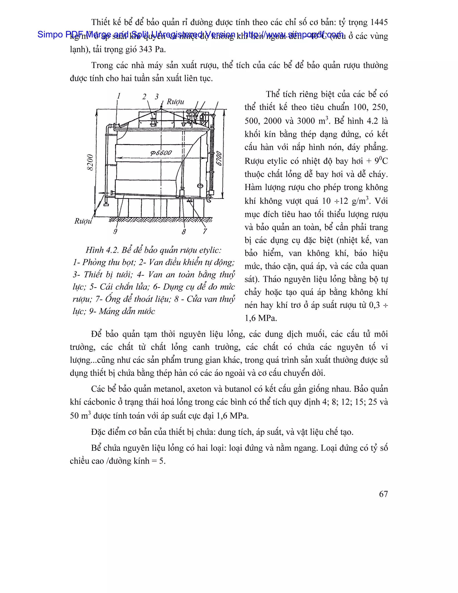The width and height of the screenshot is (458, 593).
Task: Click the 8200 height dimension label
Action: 90,162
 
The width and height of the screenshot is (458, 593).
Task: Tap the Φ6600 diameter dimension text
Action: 161,153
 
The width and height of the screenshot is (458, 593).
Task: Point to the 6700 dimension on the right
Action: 219,159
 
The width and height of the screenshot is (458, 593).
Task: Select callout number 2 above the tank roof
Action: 144,97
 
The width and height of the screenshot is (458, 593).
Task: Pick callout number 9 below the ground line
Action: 115,231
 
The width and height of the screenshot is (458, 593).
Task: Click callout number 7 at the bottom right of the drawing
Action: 205,231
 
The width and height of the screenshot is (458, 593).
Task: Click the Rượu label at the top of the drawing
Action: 175,102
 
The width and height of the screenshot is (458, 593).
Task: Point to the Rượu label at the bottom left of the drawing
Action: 83,221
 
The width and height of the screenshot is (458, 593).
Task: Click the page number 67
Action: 383,494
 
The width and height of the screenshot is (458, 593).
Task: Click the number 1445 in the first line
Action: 379,22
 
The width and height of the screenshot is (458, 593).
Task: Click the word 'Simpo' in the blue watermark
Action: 50,34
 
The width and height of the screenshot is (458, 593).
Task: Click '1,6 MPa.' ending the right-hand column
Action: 261,318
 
